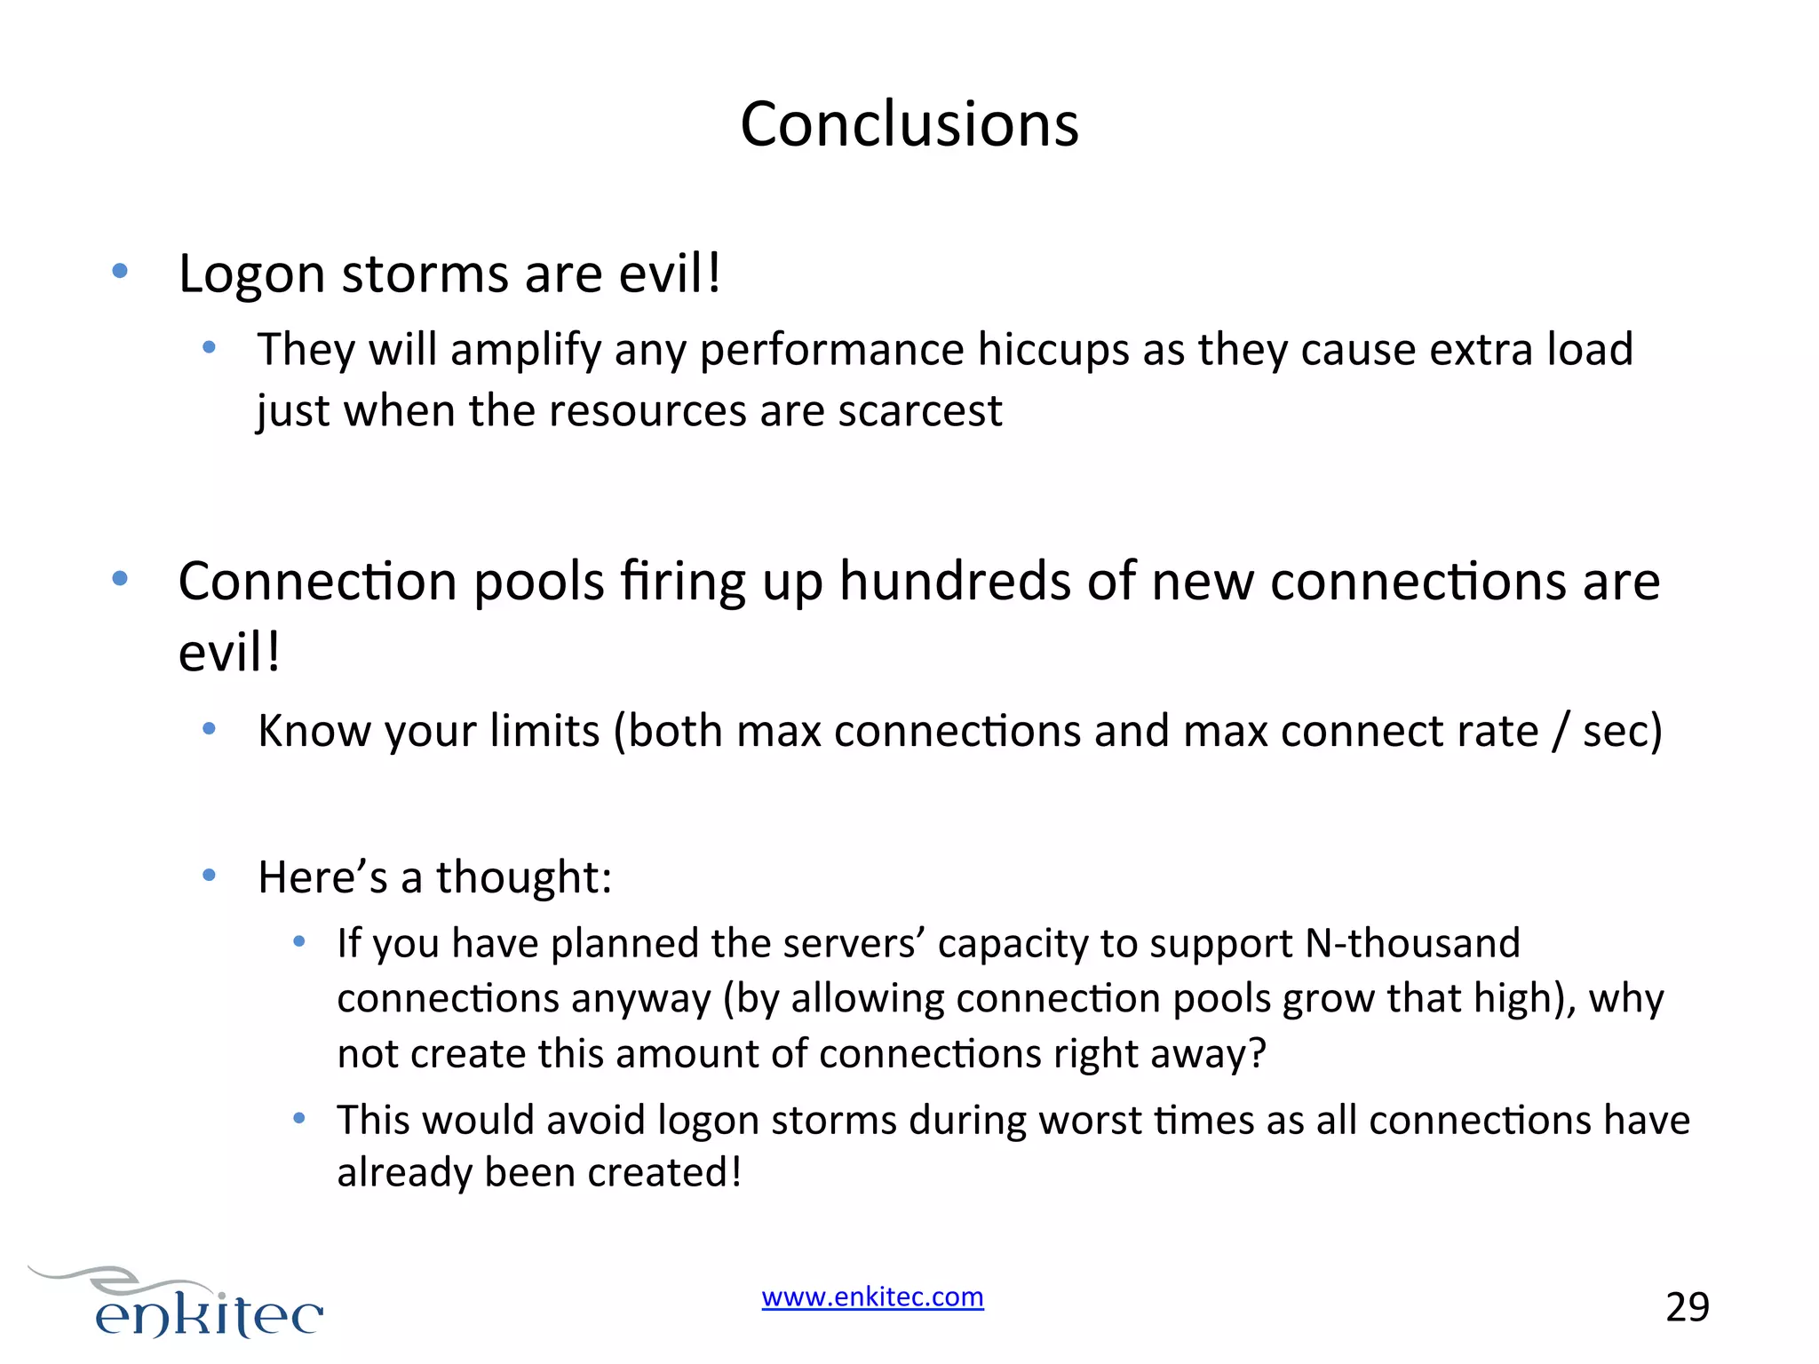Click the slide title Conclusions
pos(909,124)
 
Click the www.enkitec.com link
pos(872,1297)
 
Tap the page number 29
pos(1687,1307)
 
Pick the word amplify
pos(526,351)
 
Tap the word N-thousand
pos(1412,943)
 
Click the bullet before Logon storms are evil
pos(120,271)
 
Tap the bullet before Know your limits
pos(210,730)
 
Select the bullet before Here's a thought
pos(210,876)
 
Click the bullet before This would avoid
pos(299,1119)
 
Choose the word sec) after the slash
pos(1622,732)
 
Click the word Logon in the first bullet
pos(252,274)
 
